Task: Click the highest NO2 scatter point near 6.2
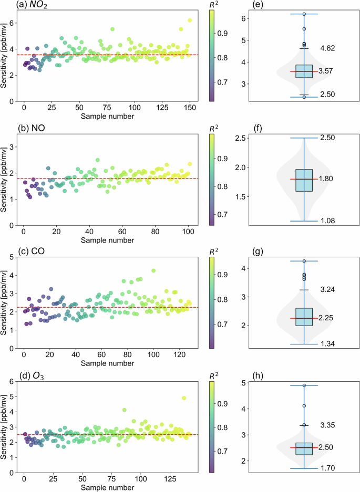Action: pyautogui.click(x=190, y=20)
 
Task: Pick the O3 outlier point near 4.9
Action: pyautogui.click(x=184, y=398)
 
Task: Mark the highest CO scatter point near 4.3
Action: pyautogui.click(x=153, y=271)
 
